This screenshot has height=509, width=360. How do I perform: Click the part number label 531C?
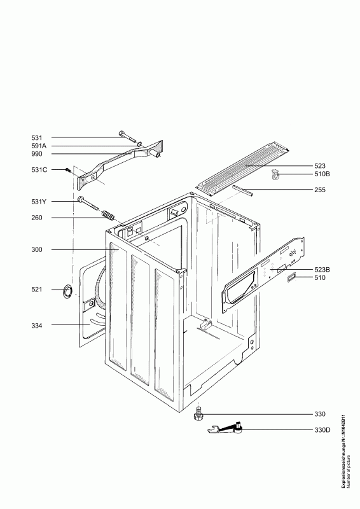(x=39, y=170)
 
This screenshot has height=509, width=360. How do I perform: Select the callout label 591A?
(x=39, y=146)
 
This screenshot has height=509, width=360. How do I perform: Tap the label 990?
(x=37, y=154)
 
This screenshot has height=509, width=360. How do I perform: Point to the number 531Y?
(x=39, y=202)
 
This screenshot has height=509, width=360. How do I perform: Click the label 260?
(x=37, y=218)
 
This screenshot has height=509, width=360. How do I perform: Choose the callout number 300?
(x=37, y=249)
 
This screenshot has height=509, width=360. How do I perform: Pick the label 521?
(x=37, y=289)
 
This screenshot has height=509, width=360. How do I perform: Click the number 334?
(x=37, y=326)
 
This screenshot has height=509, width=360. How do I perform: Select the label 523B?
(x=322, y=269)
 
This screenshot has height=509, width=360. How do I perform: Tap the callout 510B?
(x=322, y=174)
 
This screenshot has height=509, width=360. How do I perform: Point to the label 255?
(x=320, y=190)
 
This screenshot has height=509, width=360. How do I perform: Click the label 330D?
(x=322, y=430)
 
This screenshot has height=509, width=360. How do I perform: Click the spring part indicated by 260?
(x=107, y=215)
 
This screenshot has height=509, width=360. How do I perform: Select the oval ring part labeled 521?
(x=67, y=291)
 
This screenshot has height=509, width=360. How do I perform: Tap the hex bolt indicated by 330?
(x=197, y=414)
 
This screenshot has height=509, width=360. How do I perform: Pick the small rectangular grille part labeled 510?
(x=291, y=277)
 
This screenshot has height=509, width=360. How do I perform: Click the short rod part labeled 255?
(x=242, y=190)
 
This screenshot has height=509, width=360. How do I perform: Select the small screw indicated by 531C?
(x=68, y=170)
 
